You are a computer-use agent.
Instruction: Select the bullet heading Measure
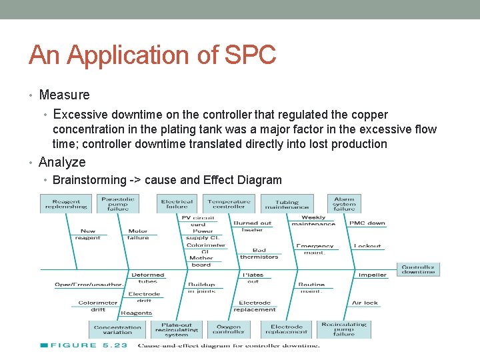pos(64,95)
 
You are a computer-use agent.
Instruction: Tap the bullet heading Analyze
pos(62,162)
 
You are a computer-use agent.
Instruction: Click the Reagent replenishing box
pos(66,204)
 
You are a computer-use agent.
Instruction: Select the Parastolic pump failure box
pos(118,203)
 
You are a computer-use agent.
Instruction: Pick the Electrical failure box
pos(177,204)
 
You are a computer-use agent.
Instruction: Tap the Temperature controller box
pos(229,204)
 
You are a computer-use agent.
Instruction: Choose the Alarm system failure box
pos(344,203)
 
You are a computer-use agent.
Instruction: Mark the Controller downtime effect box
pos(418,269)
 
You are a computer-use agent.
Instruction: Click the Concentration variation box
pos(118,329)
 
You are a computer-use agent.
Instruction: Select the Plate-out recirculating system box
pos(176,329)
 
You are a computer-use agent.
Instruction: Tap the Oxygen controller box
pos(229,329)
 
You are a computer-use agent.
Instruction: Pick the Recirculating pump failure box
pos(344,329)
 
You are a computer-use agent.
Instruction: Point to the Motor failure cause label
pos(138,234)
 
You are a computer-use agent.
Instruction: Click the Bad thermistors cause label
pos(259,253)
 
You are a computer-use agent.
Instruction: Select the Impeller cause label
pos(372,275)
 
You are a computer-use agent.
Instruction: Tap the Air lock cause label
pos(365,303)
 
